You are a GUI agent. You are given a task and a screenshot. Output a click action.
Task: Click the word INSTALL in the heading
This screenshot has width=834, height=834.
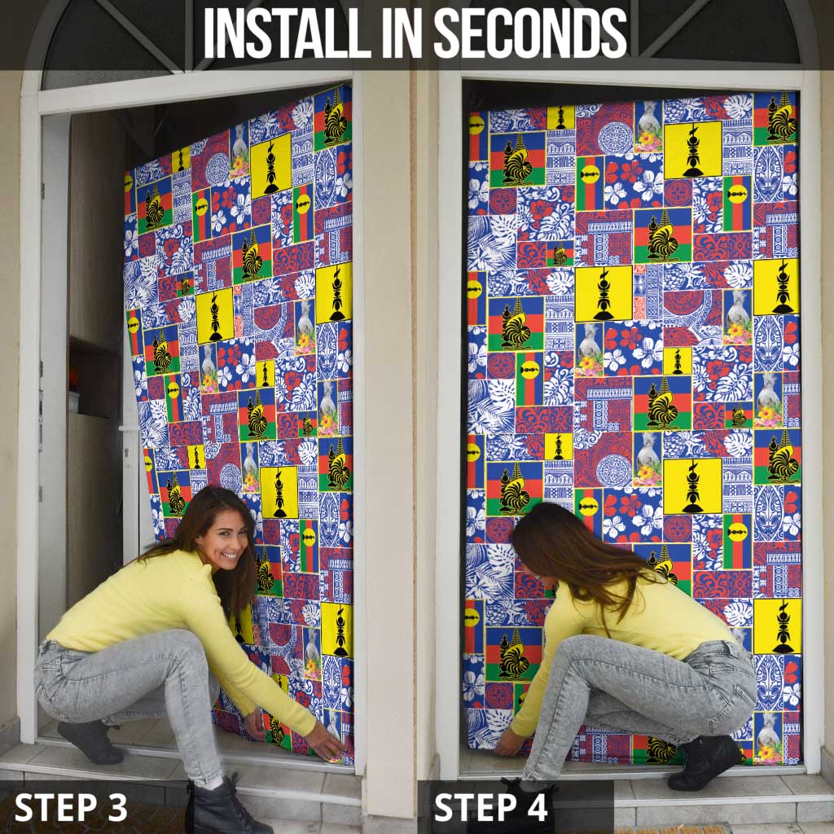287,33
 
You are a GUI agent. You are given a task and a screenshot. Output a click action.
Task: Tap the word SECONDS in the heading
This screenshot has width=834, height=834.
530,33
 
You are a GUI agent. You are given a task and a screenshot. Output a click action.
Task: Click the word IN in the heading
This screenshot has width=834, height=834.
402,33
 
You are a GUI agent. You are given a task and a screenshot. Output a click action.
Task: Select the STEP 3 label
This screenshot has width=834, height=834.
71,807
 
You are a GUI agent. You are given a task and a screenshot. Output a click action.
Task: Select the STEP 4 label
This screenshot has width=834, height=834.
491,807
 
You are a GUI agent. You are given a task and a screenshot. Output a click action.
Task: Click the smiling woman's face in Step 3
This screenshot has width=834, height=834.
226,541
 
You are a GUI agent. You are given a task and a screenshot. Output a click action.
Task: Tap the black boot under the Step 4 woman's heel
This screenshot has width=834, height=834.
704,762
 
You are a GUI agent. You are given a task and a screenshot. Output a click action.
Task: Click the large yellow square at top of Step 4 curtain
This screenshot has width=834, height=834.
692,150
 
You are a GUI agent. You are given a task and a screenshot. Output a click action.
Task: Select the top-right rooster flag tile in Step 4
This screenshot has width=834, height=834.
776,118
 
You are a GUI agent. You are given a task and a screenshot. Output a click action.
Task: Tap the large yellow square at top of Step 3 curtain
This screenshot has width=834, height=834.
270,165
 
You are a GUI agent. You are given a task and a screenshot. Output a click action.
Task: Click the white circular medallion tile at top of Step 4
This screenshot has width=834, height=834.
615,138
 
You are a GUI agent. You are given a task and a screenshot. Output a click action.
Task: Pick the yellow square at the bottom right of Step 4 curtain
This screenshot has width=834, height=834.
777,626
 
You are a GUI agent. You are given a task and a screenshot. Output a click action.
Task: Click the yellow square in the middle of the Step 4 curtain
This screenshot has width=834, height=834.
604,293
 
